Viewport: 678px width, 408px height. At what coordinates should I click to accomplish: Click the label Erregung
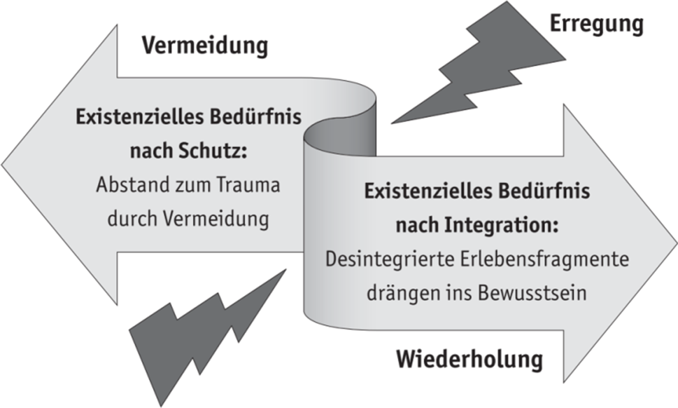tap(596, 25)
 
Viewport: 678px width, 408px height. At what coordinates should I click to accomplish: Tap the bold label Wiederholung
tap(469, 359)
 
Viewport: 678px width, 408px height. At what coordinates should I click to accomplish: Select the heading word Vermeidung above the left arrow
tap(205, 46)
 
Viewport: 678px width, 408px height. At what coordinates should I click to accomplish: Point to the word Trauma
tap(248, 185)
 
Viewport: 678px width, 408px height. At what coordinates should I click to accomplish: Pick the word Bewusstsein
tap(532, 293)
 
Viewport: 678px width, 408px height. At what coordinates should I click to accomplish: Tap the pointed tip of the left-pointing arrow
tap(2, 165)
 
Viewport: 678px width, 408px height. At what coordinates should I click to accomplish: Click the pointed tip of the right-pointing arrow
tap(676, 243)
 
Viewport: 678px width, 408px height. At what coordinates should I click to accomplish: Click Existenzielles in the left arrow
tap(140, 117)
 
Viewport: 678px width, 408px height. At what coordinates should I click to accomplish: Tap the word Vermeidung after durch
tap(216, 218)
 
